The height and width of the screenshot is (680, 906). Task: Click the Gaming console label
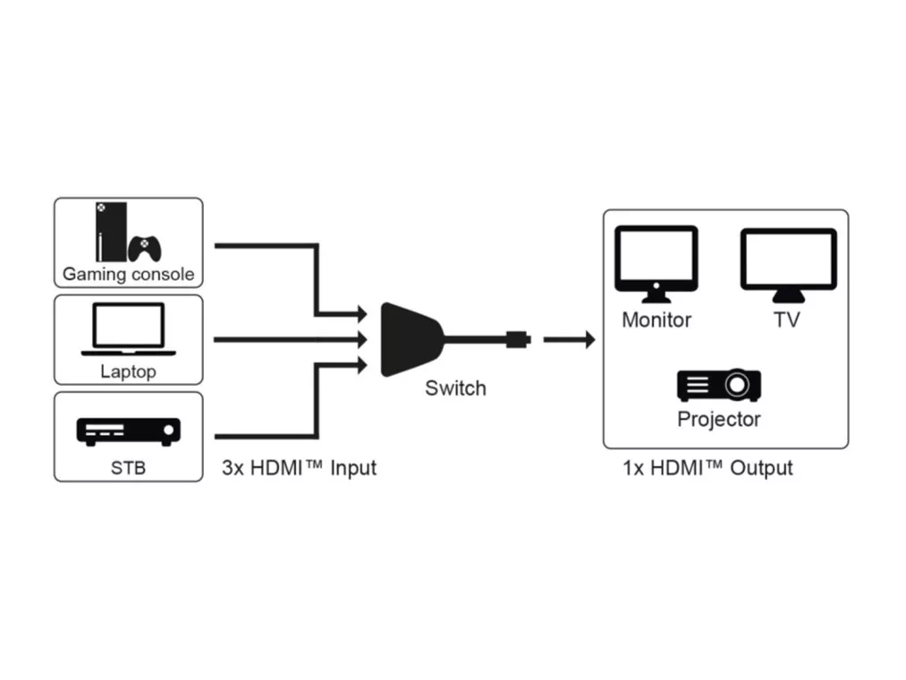tap(128, 274)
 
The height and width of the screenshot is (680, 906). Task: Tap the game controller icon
tap(145, 248)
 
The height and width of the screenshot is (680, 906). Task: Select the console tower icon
tap(107, 231)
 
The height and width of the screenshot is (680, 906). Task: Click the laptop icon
tap(128, 328)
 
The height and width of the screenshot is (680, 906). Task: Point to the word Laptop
tap(128, 371)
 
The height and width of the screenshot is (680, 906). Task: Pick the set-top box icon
tap(128, 431)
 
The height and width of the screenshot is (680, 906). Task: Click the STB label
tap(128, 466)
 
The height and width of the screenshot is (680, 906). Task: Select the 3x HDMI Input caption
tap(299, 467)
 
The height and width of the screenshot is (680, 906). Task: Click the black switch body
tap(410, 339)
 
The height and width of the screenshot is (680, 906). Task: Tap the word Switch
tap(455, 388)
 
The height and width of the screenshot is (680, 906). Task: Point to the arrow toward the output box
tap(570, 339)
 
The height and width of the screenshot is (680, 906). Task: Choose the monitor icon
tap(657, 263)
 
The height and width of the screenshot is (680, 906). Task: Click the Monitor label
tap(657, 319)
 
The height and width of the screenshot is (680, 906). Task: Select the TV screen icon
tap(788, 263)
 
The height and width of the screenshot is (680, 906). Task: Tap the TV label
tap(787, 319)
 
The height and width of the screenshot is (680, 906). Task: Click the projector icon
tap(719, 385)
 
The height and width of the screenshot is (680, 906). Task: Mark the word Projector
tap(719, 419)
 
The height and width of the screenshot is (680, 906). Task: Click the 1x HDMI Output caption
tap(707, 467)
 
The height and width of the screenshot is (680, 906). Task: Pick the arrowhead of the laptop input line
tap(361, 339)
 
